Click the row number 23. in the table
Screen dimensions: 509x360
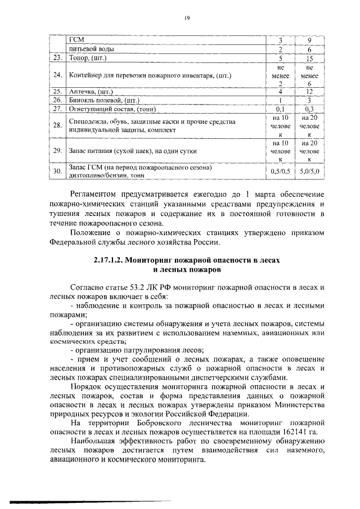[57, 57]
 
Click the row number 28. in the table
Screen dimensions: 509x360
[57, 125]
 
